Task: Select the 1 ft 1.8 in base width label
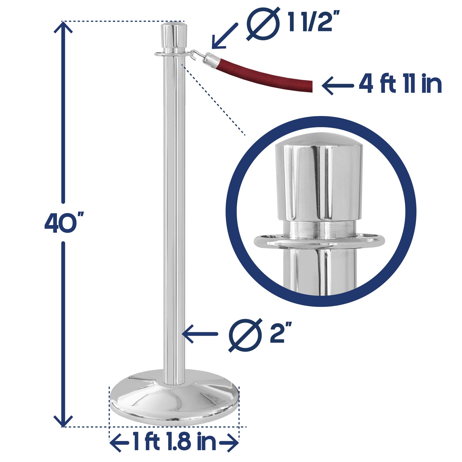tap(174, 442)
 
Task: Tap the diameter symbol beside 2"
tap(246, 335)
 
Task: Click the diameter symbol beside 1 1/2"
tap(263, 24)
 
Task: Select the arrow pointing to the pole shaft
tap(200, 334)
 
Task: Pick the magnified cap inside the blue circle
tap(319, 179)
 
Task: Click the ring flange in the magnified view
tap(319, 241)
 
